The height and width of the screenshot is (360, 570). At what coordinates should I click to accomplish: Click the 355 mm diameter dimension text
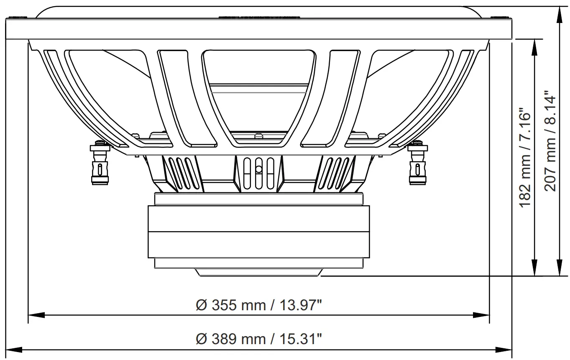[259, 305]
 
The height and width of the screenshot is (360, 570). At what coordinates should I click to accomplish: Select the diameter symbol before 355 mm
[201, 306]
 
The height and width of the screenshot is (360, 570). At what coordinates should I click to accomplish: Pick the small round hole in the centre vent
[258, 169]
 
